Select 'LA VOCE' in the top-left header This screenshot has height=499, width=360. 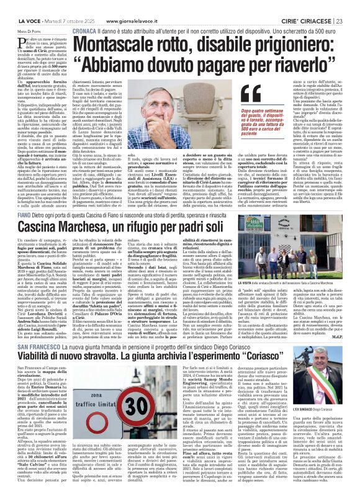click(16, 6)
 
